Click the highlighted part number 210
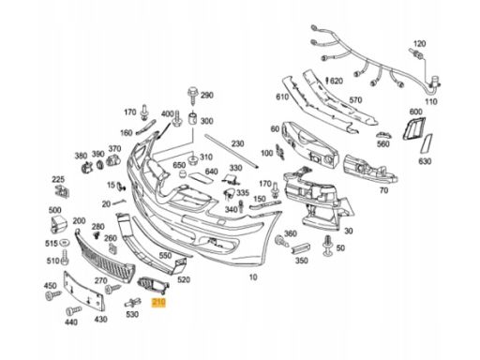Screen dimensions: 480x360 (158, 302)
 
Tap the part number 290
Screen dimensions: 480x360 (206, 95)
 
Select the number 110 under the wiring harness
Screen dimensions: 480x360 (431, 101)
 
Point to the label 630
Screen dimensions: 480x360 (425, 161)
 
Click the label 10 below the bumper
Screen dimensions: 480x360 (253, 277)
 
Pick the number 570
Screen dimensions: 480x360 (355, 99)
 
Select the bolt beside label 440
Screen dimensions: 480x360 (74, 310)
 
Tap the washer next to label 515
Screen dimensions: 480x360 (65, 243)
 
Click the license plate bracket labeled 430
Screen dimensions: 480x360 (83, 292)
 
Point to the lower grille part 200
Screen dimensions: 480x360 (105, 257)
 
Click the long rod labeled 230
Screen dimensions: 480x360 (232, 152)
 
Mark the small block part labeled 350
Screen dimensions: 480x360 (301, 247)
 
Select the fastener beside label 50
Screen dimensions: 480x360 (327, 246)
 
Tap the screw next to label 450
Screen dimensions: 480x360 (53, 294)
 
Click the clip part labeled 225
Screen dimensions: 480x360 (62, 191)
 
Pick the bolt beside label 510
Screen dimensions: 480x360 (65, 257)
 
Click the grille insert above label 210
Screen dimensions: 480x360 (153, 285)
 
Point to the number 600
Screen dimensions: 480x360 (415, 112)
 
